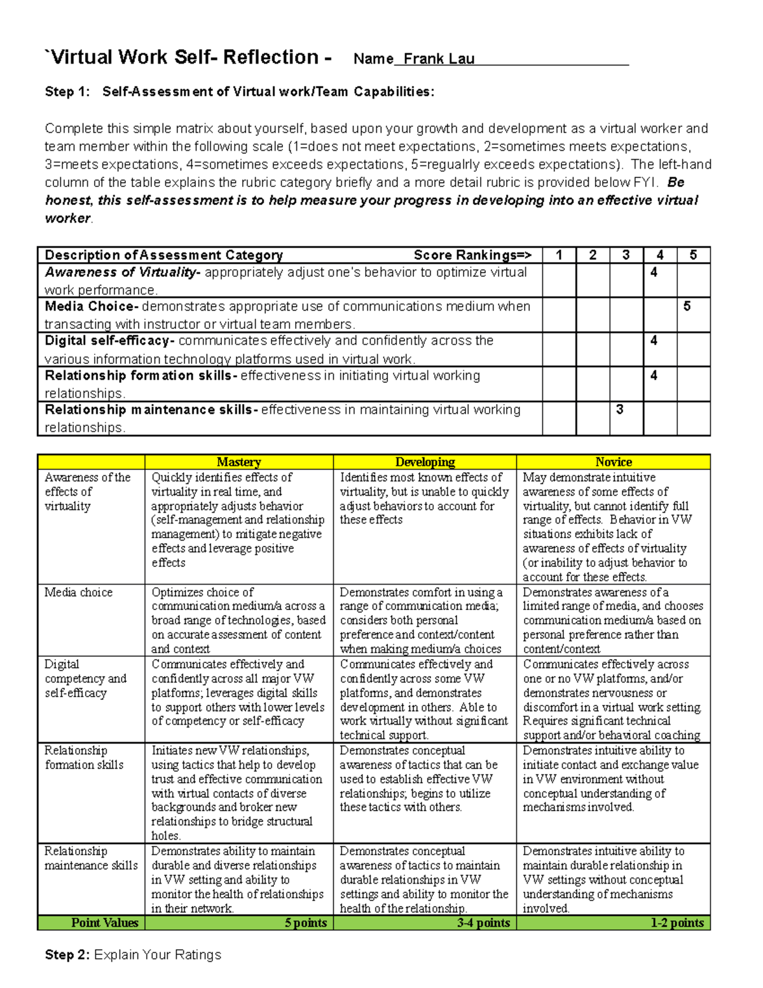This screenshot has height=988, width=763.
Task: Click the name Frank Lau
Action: (439, 59)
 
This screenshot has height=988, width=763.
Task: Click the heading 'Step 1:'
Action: (67, 92)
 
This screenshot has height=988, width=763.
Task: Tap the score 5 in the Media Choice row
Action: (687, 307)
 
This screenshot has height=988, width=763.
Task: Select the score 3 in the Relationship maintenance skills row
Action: (620, 410)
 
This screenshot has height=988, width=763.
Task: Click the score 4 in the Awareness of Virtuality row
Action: (654, 272)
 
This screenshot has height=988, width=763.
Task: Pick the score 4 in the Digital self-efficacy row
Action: (654, 341)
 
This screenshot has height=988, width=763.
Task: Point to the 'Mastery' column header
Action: (238, 462)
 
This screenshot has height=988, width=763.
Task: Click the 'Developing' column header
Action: (425, 462)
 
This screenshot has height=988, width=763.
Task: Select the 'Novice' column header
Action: (613, 462)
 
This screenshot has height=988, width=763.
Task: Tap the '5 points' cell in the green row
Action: (305, 922)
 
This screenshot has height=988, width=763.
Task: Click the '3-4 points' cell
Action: (483, 922)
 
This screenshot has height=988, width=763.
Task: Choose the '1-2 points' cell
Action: (677, 922)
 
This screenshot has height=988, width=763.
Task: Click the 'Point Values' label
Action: (104, 922)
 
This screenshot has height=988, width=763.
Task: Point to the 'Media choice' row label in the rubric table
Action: (78, 592)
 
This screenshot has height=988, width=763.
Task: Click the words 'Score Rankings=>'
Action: (472, 255)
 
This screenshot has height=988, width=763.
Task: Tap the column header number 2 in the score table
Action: (593, 255)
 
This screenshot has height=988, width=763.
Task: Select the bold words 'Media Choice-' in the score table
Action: (92, 307)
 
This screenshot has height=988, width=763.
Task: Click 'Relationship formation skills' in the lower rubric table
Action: (83, 758)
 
